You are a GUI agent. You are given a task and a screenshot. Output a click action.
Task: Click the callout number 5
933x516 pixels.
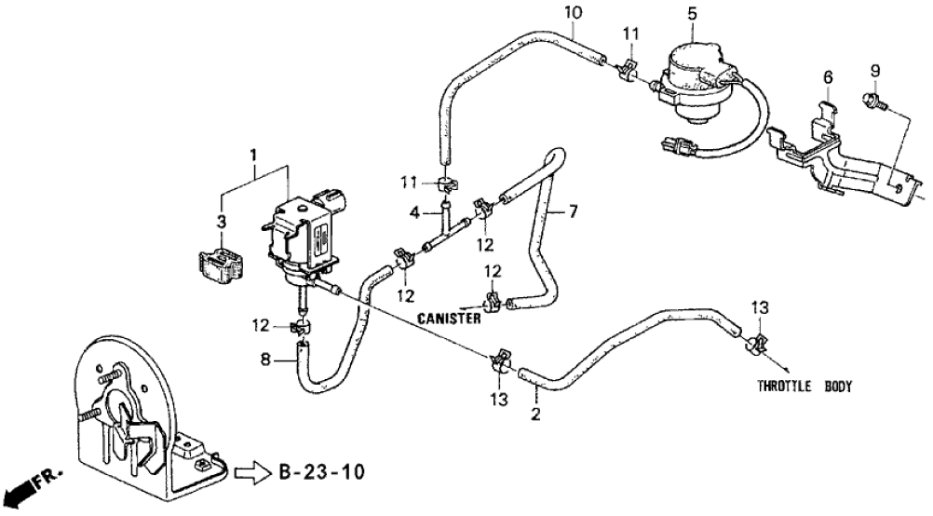click(x=692, y=13)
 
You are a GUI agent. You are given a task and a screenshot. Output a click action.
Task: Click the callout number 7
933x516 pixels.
click(x=574, y=213)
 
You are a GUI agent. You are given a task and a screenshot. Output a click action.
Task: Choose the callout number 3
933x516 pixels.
click(x=221, y=221)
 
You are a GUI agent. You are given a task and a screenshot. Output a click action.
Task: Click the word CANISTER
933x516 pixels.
click(x=449, y=319)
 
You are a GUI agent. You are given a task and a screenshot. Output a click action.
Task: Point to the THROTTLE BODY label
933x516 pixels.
click(x=804, y=386)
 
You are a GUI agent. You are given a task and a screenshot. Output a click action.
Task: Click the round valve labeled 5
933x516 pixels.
click(x=694, y=79)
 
